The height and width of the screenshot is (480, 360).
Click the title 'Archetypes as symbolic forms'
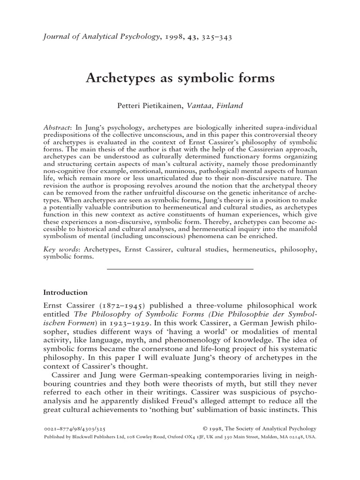pos(180,78)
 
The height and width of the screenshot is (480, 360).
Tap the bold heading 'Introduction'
pos(65,292)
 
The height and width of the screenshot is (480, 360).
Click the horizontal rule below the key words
pos(180,269)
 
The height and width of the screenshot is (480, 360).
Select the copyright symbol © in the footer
pos(205,428)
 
